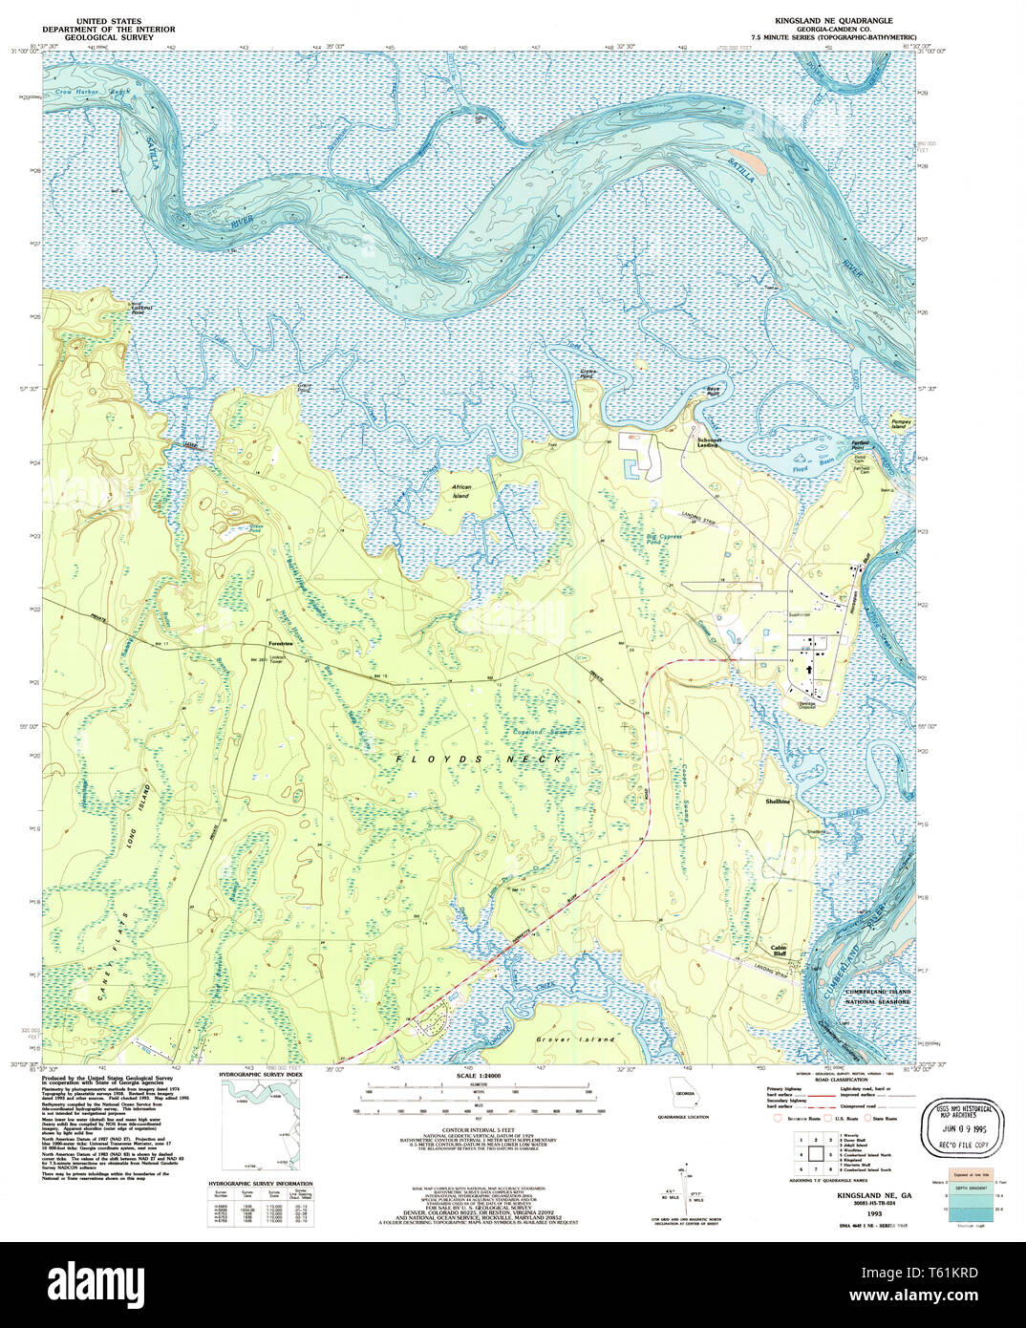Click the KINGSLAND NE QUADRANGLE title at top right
(x=833, y=19)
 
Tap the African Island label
(x=460, y=491)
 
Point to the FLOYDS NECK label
(x=479, y=759)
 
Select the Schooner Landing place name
(x=708, y=442)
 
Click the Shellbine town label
(x=779, y=802)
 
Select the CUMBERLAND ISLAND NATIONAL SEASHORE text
(x=878, y=997)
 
